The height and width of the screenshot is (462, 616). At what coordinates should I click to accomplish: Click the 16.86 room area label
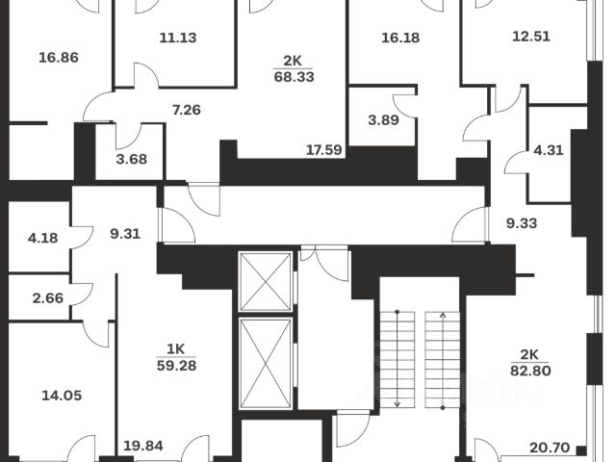tap(58, 58)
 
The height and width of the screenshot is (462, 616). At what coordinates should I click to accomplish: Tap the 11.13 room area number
tap(178, 38)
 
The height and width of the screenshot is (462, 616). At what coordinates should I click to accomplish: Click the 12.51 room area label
tap(513, 38)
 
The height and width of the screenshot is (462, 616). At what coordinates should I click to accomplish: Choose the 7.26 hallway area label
tap(186, 110)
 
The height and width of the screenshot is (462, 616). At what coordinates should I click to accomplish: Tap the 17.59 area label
tap(325, 149)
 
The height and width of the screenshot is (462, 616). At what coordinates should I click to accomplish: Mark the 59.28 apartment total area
tap(176, 364)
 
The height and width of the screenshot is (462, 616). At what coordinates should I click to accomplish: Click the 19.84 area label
tap(144, 445)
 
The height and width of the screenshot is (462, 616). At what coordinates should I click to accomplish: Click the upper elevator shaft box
tap(265, 281)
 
